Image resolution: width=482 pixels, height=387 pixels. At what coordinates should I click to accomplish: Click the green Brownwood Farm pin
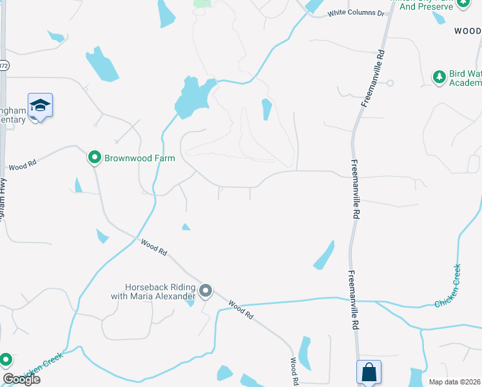point(94,157)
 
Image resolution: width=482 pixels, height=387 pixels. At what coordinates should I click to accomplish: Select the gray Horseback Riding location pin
point(206,292)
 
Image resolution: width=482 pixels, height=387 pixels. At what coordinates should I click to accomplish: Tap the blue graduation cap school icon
point(40,105)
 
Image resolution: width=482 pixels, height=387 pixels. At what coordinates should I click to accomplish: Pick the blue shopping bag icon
point(369,372)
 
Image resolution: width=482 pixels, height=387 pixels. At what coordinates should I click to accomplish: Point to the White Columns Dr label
point(356,13)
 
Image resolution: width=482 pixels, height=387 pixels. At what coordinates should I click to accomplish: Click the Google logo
point(21,379)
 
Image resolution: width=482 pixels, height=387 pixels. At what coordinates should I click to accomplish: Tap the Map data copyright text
point(454,382)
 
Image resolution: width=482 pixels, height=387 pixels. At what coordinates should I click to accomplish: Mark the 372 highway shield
point(3,66)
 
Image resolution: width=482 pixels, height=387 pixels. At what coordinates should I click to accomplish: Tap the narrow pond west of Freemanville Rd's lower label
point(324,255)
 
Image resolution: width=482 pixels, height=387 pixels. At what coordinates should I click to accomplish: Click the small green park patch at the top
point(202,4)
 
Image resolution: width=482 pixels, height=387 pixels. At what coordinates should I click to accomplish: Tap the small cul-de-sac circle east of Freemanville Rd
point(390,83)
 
